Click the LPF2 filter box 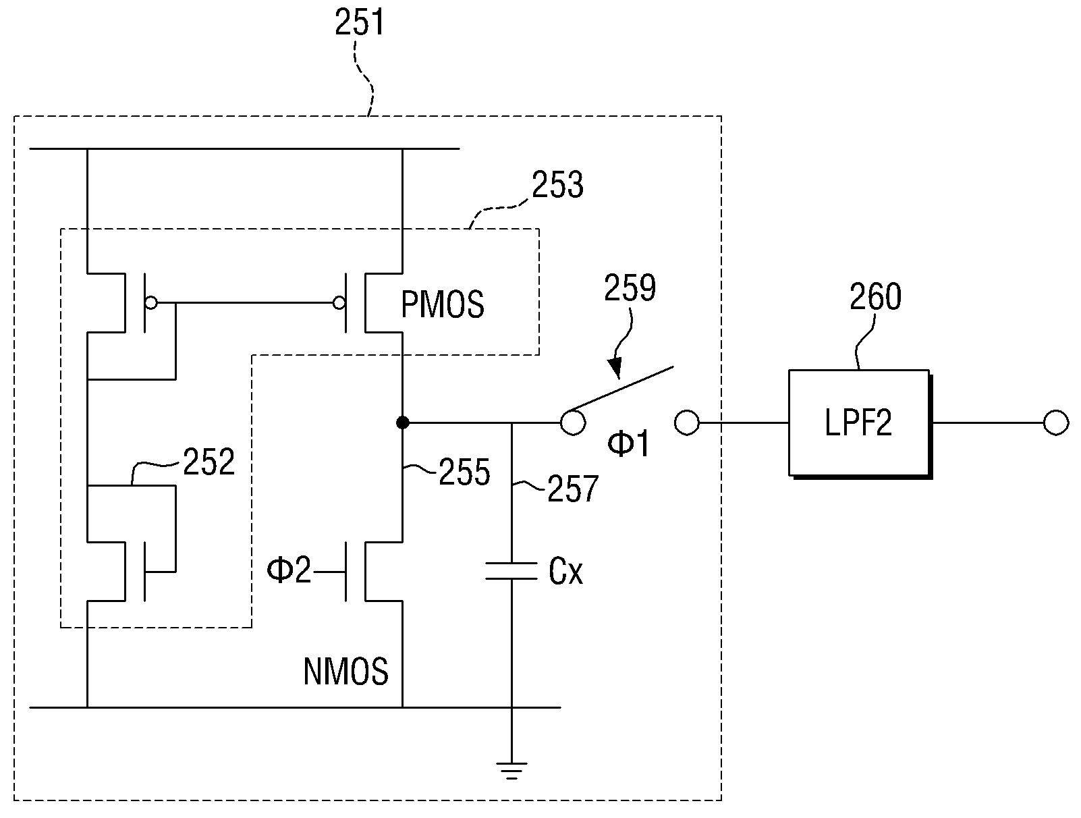coord(860,424)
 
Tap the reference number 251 coord(359,23)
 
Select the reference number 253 coord(557,185)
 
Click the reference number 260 coord(875,296)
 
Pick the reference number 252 coord(209,462)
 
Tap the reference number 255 coord(464,472)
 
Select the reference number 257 coord(573,489)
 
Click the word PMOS coord(443,304)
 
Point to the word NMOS coord(345,672)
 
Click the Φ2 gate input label coord(289,570)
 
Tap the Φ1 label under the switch coord(628,443)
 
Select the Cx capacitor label coord(565,572)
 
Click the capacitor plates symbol coord(511,571)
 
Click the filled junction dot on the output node coord(402,422)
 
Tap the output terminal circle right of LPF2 coord(1056,422)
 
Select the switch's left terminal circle coord(573,422)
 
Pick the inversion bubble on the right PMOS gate coord(339,302)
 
